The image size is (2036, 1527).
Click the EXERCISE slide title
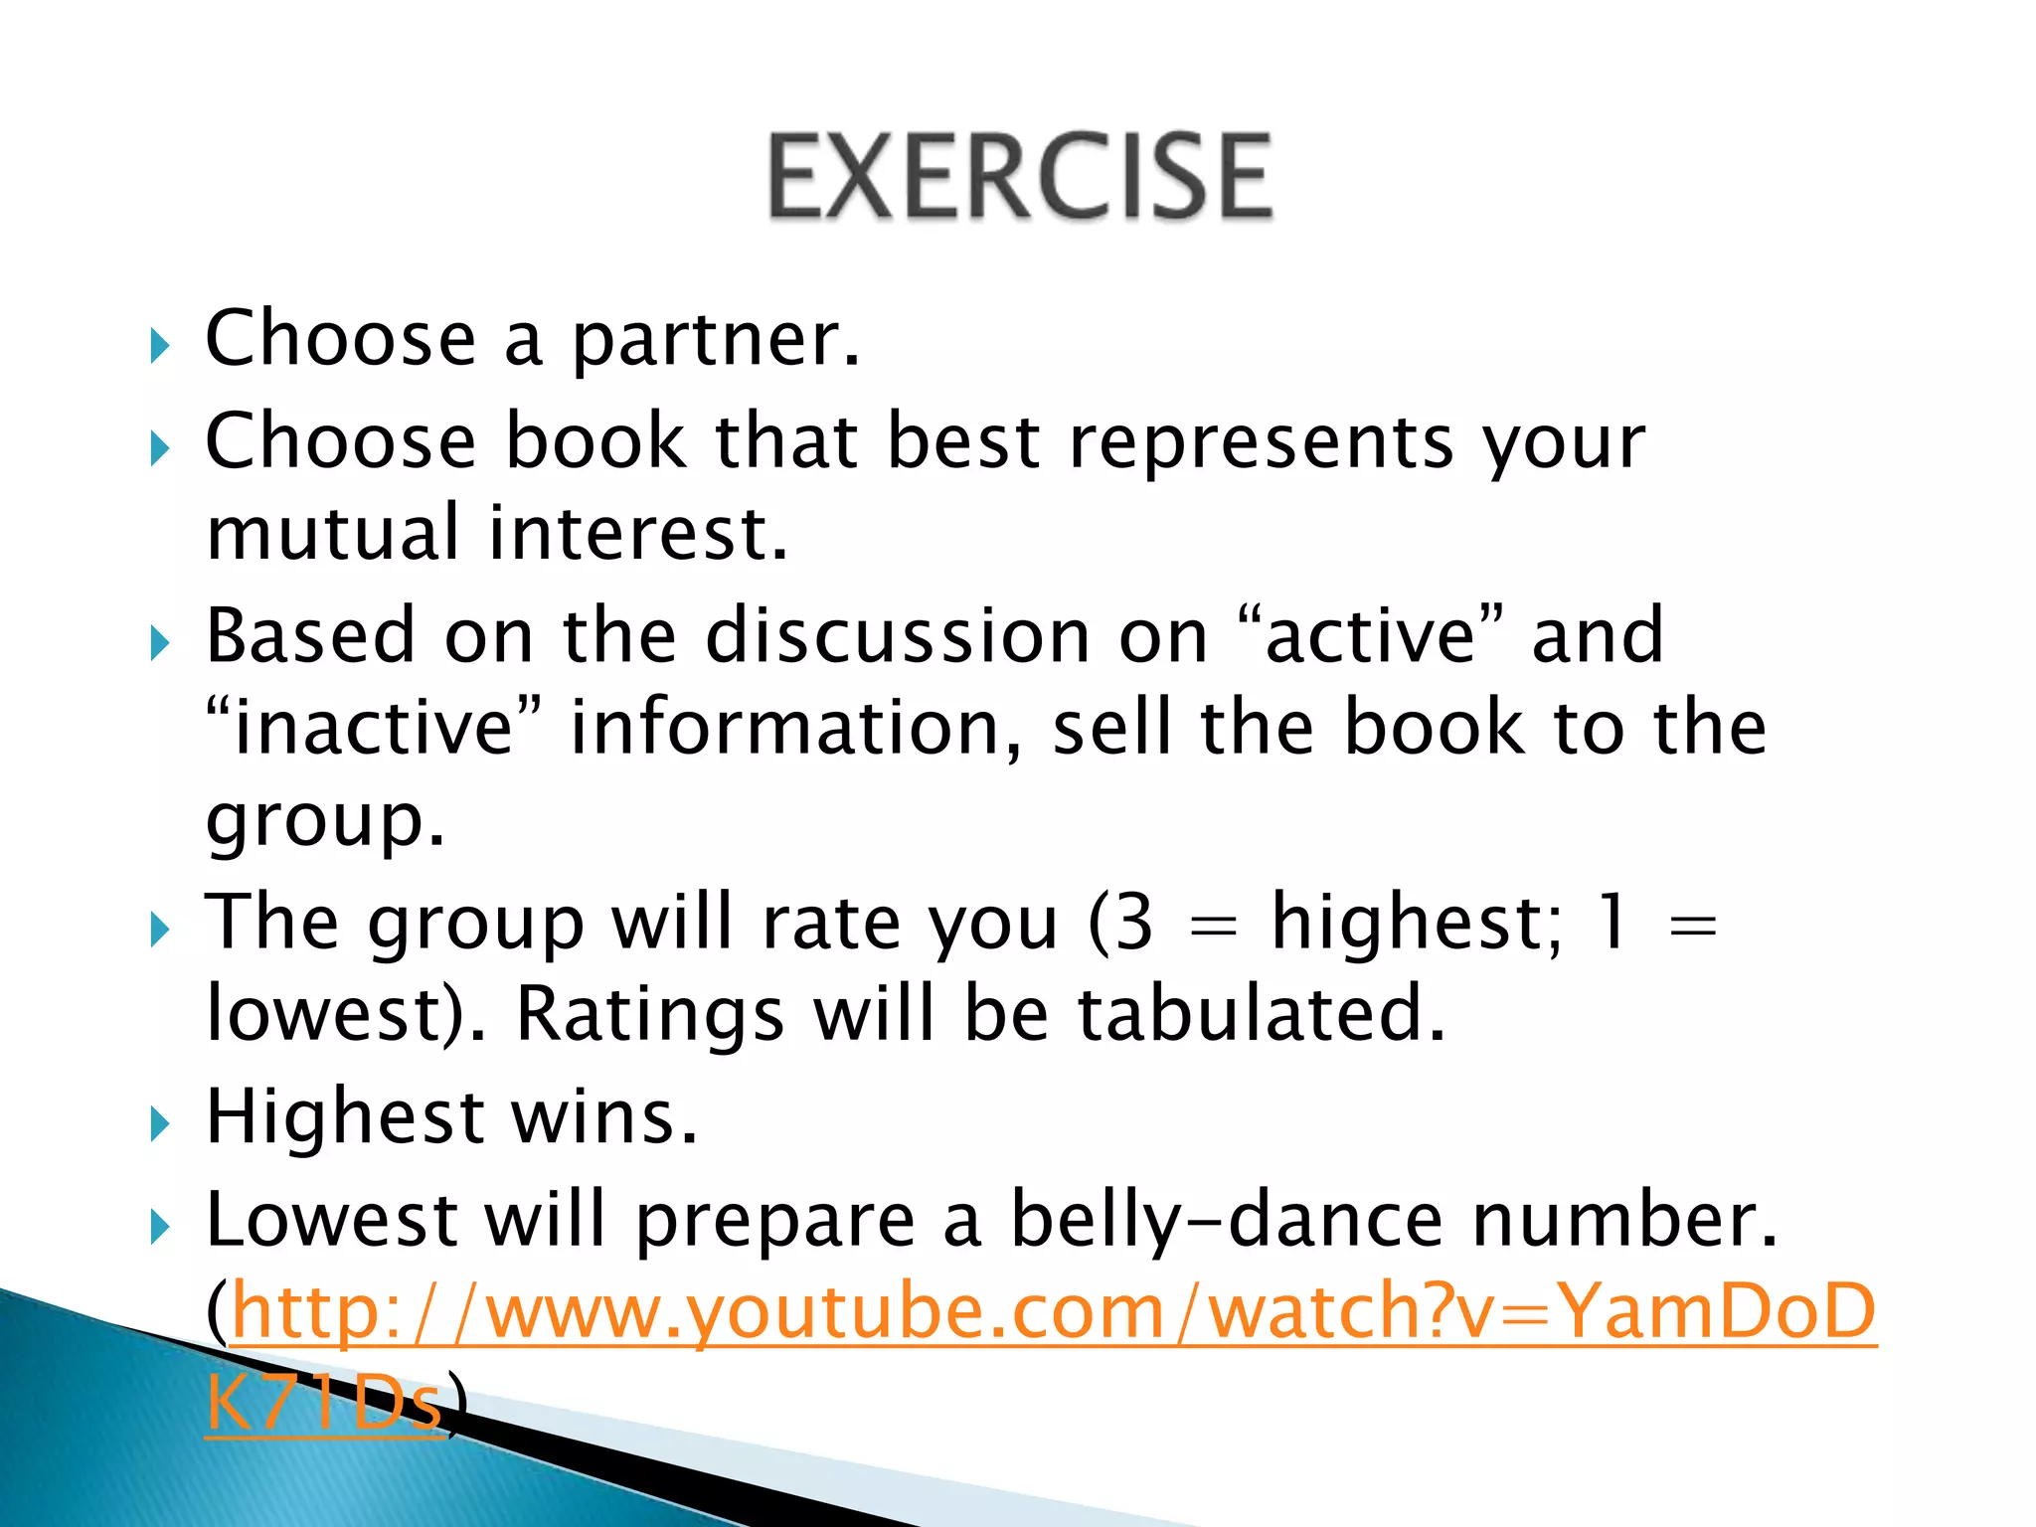(1019, 176)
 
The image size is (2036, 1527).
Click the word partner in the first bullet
(716, 340)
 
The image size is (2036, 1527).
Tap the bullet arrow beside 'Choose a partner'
(160, 346)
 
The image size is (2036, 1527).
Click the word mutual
(332, 534)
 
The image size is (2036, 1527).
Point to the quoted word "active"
(1373, 635)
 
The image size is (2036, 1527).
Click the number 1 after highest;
(1612, 922)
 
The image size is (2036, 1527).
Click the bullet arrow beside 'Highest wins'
(160, 1125)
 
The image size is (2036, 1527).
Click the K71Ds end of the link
(324, 1403)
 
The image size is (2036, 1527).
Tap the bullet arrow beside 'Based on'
(160, 643)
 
